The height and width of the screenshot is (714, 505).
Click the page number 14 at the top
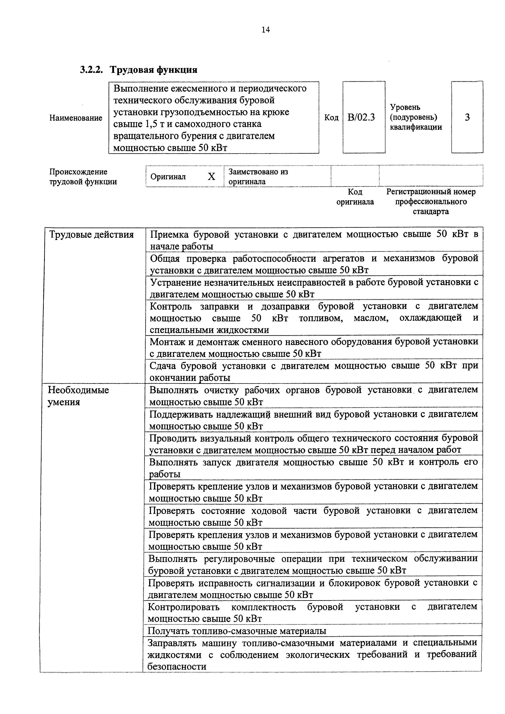coord(265,30)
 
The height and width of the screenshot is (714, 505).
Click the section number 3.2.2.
coord(91,70)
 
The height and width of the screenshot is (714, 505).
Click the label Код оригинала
coord(355,197)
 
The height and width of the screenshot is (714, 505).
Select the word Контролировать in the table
coord(184,607)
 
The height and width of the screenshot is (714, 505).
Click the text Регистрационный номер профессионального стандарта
coord(431,201)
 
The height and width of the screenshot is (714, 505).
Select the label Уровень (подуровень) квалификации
coord(416,117)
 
